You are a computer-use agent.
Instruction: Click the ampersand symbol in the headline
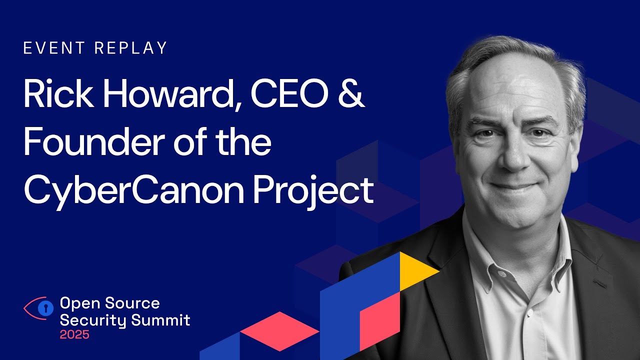tap(350, 94)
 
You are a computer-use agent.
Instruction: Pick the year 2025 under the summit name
tap(74, 334)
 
